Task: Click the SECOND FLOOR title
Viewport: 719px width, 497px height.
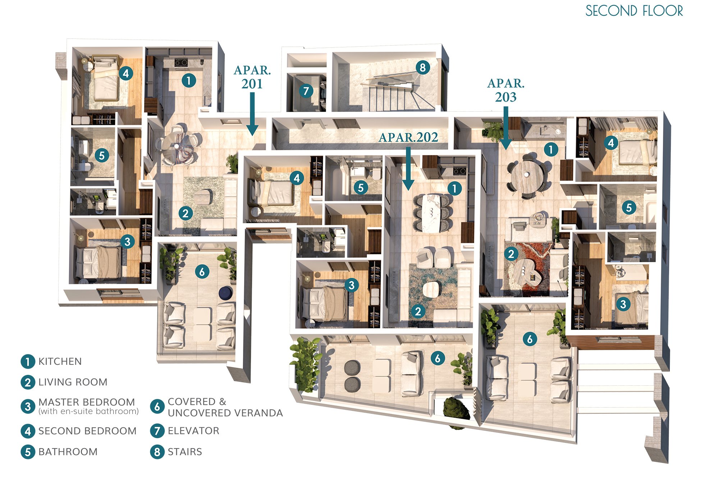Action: click(x=634, y=11)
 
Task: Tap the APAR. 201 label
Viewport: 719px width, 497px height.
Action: click(x=252, y=77)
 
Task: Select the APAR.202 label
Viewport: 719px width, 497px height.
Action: click(x=408, y=137)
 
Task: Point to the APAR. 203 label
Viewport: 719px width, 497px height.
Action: click(x=506, y=90)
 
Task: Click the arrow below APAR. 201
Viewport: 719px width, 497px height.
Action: click(x=252, y=114)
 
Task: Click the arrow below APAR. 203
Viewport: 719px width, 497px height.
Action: click(x=506, y=128)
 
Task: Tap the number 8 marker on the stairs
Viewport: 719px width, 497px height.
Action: click(x=423, y=67)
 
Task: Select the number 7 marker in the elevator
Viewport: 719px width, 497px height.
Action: click(x=306, y=90)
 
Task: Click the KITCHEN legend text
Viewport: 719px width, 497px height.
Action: click(x=60, y=361)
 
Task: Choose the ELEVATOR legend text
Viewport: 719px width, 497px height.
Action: click(x=193, y=431)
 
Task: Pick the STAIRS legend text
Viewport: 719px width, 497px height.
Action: click(x=185, y=451)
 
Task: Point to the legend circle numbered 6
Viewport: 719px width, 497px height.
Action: click(x=157, y=407)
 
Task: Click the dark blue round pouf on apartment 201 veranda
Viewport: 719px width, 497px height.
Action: click(x=226, y=292)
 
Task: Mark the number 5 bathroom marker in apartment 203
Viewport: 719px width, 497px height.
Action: click(x=629, y=207)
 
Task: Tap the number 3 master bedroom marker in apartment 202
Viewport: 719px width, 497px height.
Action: click(x=351, y=285)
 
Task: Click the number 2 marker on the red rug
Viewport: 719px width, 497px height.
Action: click(x=511, y=254)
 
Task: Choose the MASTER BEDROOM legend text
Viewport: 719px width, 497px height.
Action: click(x=87, y=402)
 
